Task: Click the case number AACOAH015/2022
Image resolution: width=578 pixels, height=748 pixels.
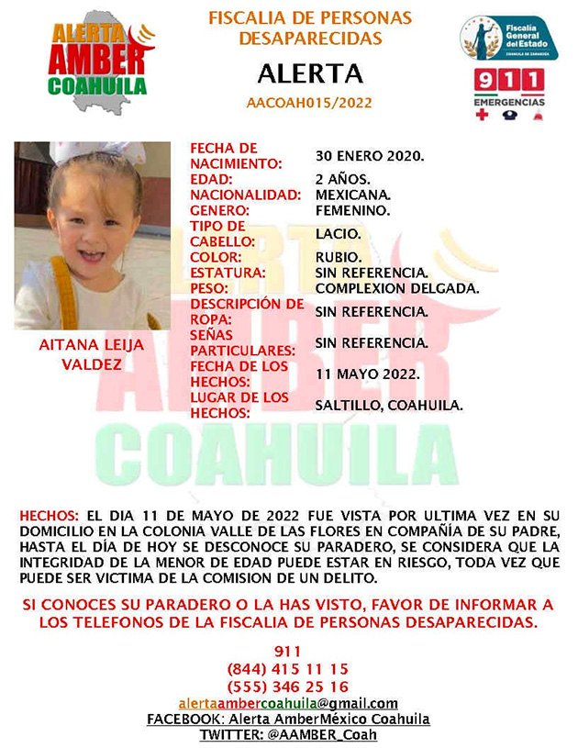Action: [x=309, y=103]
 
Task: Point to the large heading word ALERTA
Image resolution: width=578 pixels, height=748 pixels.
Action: [x=309, y=73]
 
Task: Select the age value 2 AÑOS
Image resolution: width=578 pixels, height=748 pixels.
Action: [x=344, y=180]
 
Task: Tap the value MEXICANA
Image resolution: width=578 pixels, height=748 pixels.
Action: [x=353, y=195]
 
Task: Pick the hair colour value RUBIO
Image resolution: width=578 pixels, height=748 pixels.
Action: [x=338, y=257]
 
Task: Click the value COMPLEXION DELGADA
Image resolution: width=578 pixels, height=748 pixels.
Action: [x=396, y=288]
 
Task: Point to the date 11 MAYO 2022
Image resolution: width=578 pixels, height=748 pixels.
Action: [x=368, y=374]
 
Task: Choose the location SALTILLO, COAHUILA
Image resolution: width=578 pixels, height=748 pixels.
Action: [x=389, y=406]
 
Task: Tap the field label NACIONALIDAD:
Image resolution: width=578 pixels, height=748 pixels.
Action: [x=246, y=195]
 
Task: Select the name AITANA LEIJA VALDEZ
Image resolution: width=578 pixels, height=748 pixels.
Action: [x=92, y=355]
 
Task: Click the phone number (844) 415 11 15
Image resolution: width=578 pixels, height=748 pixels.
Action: [x=287, y=669]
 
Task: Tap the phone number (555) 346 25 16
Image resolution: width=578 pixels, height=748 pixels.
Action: [x=287, y=687]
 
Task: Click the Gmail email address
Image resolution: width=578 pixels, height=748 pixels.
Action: [x=288, y=703]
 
